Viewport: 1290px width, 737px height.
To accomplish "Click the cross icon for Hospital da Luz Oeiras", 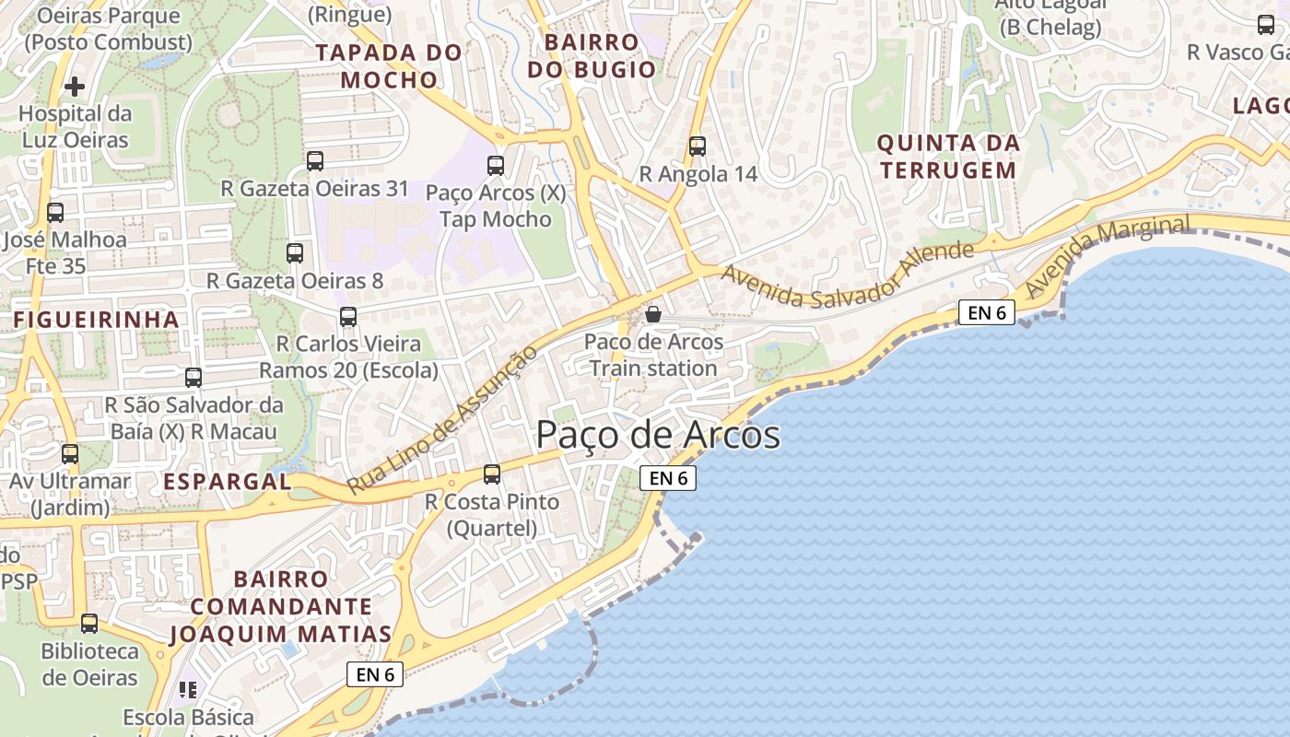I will pos(75,87).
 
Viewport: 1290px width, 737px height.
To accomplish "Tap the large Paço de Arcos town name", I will pos(658,435).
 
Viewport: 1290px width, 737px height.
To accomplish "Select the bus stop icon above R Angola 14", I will pos(698,146).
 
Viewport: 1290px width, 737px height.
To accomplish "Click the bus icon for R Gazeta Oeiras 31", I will pos(315,161).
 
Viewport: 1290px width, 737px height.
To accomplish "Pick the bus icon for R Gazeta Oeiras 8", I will pos(295,253).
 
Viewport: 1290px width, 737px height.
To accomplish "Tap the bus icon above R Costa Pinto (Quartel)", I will pos(492,474).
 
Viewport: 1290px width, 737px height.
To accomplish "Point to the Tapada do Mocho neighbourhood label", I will pos(389,66).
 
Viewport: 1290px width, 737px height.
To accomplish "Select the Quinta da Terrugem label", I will pos(947,157).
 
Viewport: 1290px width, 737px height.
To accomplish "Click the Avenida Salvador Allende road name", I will pos(847,275).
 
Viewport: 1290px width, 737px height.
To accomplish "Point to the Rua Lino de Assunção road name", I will pos(441,420).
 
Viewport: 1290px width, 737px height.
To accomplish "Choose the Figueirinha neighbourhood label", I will pos(96,320).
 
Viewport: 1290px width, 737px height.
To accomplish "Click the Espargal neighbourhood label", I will pos(227,481).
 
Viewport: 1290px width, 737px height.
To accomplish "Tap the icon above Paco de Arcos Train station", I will pos(653,315).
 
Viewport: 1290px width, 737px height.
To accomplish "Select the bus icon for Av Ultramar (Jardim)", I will pos(70,454).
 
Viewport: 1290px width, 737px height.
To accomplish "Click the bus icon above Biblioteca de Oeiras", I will pos(89,624).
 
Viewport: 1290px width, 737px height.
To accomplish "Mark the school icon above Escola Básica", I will pos(189,690).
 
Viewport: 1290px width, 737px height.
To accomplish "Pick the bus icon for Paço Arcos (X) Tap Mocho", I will pos(496,166).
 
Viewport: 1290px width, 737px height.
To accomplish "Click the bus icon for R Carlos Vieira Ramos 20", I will pos(348,317).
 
